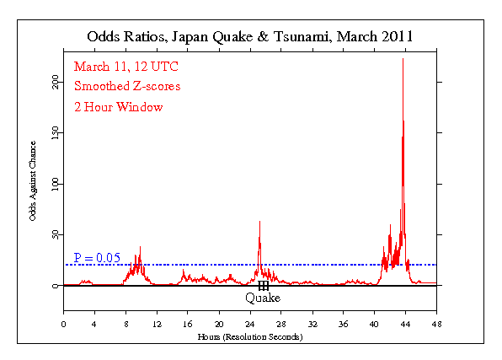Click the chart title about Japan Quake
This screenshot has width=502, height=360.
(251, 36)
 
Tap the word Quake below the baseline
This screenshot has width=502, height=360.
(263, 298)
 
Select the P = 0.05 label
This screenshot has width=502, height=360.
(97, 257)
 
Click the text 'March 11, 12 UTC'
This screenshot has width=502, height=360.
(125, 67)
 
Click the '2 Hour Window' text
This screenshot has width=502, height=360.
(118, 107)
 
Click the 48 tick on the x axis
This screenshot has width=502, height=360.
(436, 324)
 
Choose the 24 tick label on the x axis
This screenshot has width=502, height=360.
(250, 324)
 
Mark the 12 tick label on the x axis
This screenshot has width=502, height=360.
(157, 324)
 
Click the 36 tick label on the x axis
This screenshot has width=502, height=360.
(343, 324)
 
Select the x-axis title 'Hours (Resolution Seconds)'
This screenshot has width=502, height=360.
(250, 336)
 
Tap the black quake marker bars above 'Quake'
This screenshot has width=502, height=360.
(263, 286)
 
